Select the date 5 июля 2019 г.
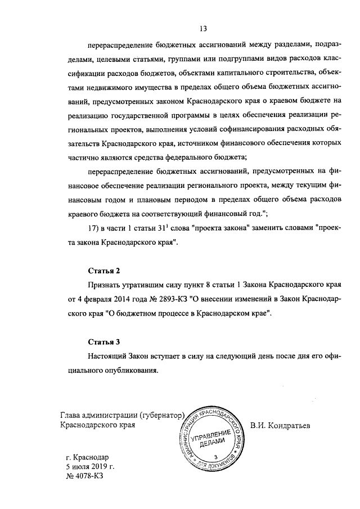[90, 466]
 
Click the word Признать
[105, 285]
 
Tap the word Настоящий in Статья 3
[108, 356]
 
